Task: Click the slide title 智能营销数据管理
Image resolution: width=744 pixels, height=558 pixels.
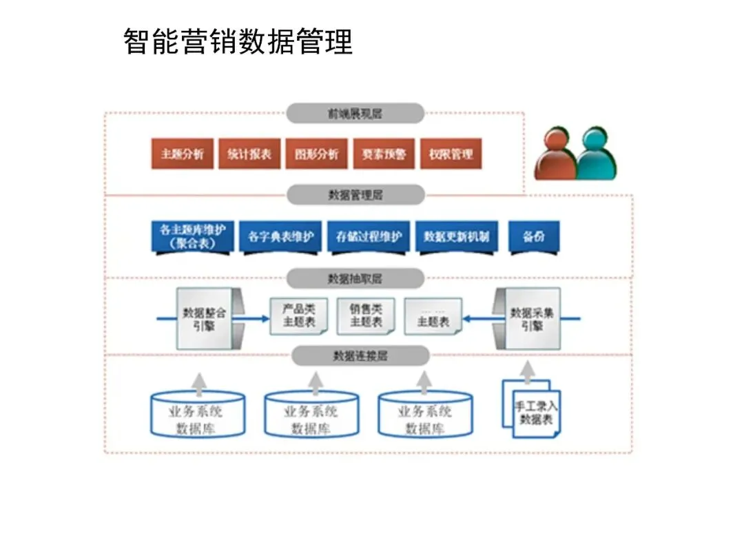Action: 238,42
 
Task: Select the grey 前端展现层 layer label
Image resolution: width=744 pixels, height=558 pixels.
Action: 355,114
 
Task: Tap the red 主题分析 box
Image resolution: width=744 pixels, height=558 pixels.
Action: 183,154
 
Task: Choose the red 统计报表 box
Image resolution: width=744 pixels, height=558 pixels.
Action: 249,154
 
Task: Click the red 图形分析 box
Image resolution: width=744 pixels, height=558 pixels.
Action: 316,154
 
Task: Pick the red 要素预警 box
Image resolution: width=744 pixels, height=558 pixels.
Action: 384,154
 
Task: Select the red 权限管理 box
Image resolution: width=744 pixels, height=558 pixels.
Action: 451,154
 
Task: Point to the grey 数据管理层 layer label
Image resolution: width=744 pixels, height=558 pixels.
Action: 355,195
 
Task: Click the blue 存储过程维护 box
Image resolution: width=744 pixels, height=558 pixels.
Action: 369,237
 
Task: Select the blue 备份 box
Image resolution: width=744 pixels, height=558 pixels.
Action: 534,237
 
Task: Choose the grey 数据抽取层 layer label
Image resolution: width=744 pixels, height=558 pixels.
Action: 355,278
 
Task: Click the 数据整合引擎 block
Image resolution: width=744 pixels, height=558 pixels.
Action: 204,318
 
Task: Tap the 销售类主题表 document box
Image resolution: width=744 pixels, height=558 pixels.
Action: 366,316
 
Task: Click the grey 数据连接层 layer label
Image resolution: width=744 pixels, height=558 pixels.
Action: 360,356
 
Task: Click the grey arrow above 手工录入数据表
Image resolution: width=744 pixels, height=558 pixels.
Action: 528,372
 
